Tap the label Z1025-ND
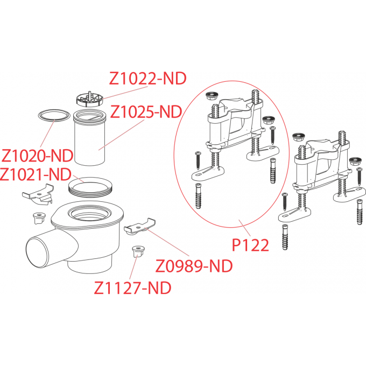146,112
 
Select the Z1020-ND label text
37,156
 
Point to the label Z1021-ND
36,174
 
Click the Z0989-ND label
194,266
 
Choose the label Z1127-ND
132,288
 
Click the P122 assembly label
250,245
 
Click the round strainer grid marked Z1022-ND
88,98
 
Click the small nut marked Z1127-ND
136,252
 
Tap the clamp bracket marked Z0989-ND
139,227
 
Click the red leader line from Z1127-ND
133,269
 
